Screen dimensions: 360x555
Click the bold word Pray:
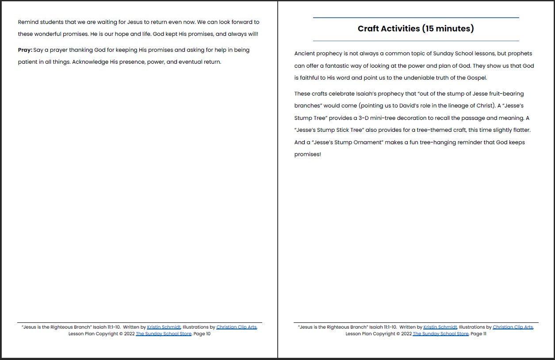point(25,50)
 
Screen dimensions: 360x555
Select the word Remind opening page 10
point(28,22)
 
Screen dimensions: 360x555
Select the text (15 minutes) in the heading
point(448,29)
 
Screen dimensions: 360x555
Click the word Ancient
point(305,54)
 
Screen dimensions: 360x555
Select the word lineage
point(452,106)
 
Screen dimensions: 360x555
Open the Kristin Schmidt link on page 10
point(164,327)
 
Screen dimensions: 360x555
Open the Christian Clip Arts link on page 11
point(513,327)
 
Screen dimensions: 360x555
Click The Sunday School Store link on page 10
point(164,334)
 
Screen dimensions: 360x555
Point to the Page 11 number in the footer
point(478,334)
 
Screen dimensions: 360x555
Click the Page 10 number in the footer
point(202,334)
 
